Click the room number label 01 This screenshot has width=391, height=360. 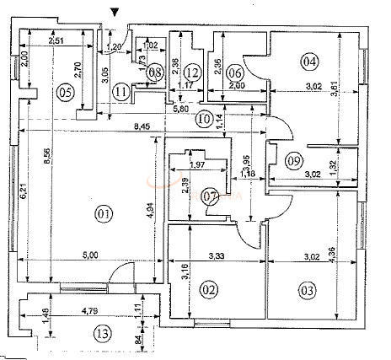click(x=104, y=214)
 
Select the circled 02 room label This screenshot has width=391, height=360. click(x=210, y=290)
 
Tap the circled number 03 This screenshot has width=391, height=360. click(x=308, y=290)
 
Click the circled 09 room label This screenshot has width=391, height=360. click(x=293, y=161)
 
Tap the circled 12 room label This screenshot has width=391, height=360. click(x=192, y=72)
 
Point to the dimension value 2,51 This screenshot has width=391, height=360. click(x=57, y=40)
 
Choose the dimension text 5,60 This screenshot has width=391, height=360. click(x=180, y=109)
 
